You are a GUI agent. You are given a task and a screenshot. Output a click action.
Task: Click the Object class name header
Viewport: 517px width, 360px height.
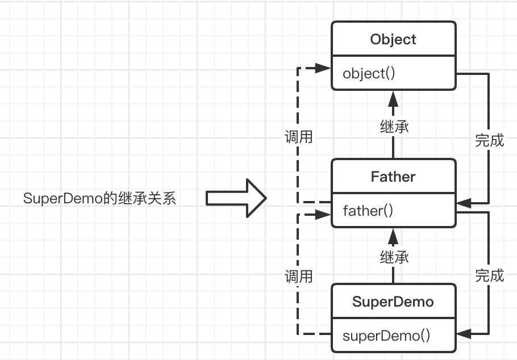click(x=393, y=39)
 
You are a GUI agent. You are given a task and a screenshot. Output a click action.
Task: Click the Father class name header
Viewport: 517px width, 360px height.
click(x=393, y=177)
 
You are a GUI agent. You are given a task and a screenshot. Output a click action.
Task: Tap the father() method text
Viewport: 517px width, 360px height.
click(x=368, y=211)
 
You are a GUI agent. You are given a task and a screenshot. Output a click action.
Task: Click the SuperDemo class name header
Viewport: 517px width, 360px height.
click(x=393, y=302)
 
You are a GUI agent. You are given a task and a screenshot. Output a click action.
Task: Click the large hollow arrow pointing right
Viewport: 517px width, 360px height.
click(x=236, y=198)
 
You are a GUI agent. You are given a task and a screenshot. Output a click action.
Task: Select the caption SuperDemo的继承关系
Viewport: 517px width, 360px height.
click(x=100, y=199)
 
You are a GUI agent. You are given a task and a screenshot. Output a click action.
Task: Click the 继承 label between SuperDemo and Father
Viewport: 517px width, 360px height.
click(x=394, y=257)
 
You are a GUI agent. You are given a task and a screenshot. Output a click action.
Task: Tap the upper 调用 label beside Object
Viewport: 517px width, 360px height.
click(x=298, y=137)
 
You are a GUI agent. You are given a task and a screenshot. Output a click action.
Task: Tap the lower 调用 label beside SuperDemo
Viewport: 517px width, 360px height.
click(x=298, y=277)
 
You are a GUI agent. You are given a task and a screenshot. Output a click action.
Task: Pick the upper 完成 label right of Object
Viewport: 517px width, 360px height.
click(x=489, y=140)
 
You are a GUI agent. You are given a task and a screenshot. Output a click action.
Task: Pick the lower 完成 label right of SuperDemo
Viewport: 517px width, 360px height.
click(x=489, y=275)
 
